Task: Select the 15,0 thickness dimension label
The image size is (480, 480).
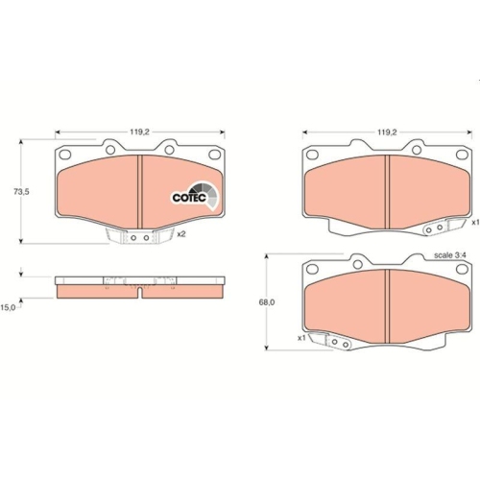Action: pos(8,306)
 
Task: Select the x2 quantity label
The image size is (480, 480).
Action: pos(180,234)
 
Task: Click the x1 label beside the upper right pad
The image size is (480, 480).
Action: pos(474,222)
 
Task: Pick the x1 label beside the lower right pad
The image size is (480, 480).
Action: pos(300,338)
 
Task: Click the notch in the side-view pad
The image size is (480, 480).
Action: pos(139,291)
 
